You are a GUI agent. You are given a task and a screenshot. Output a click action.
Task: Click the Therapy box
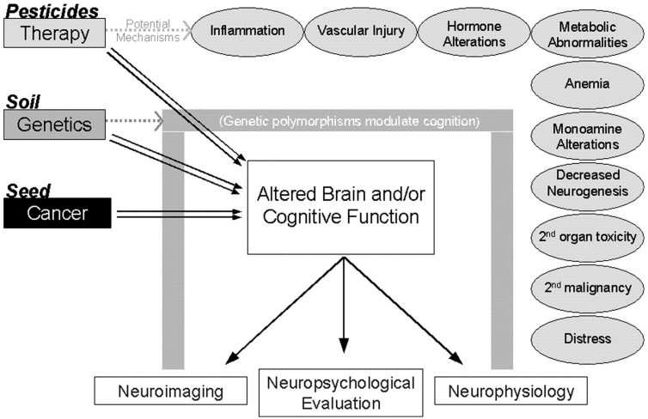55,34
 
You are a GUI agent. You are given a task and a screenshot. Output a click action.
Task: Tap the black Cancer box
57,214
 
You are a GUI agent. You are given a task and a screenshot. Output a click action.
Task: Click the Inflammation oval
248,31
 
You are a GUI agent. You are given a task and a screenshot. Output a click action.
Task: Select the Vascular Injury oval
355,31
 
